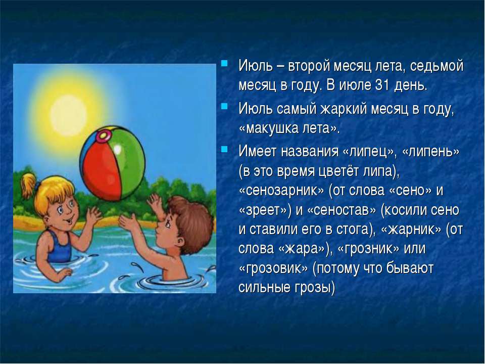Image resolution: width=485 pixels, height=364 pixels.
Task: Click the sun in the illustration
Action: click(x=69, y=115)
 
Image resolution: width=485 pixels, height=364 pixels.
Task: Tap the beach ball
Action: click(x=112, y=163)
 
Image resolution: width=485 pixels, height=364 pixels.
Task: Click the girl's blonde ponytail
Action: click(x=28, y=186)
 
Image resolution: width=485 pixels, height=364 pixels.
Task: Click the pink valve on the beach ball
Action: click(x=104, y=135)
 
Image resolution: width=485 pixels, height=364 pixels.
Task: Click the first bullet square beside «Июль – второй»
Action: click(x=224, y=64)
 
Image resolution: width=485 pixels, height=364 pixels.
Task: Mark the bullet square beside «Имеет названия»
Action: click(x=224, y=149)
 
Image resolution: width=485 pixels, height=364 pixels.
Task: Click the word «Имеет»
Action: click(x=257, y=151)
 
